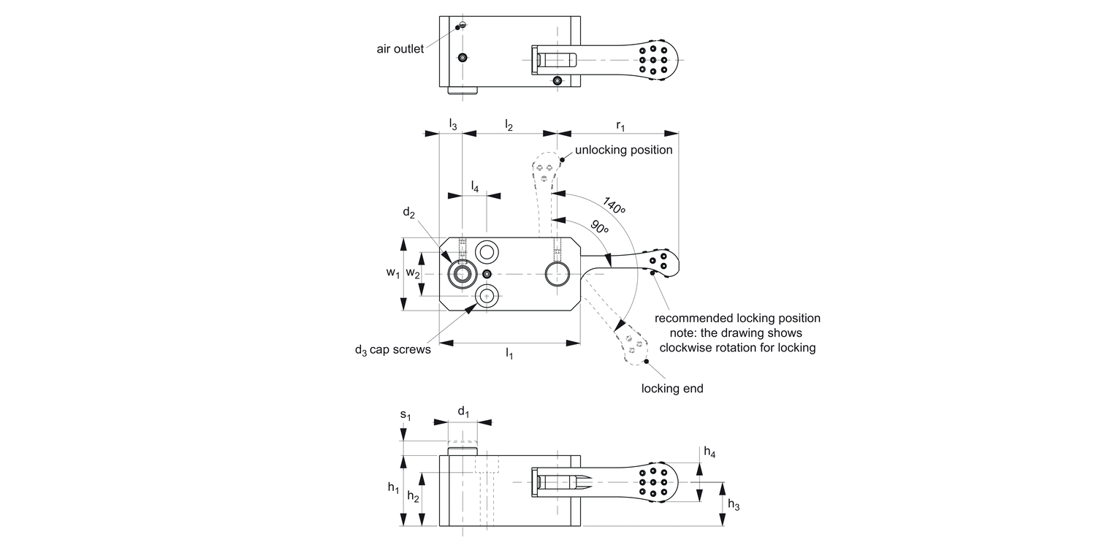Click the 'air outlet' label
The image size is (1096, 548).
400,49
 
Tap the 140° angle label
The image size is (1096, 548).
614,205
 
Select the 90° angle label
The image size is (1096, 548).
600,227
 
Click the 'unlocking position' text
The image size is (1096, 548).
623,150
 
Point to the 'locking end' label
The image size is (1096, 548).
672,389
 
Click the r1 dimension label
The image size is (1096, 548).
620,126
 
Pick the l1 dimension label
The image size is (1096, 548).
509,354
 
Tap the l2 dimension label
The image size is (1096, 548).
509,126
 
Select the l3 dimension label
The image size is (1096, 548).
453,125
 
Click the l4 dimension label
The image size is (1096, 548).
475,186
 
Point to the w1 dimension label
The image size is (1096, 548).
393,273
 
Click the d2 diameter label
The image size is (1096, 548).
408,213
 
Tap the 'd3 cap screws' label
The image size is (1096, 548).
393,350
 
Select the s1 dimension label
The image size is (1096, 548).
405,416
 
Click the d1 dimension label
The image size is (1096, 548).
463,412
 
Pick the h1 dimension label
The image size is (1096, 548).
393,487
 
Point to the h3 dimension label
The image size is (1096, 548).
734,504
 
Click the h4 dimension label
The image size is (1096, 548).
709,452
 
